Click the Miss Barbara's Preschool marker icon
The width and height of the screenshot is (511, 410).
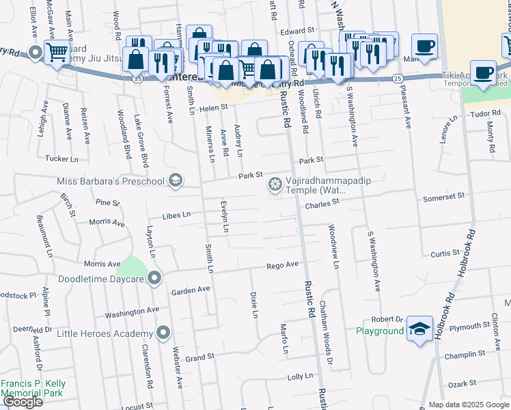(x=176, y=180)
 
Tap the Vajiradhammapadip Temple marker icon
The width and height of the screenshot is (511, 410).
(x=275, y=183)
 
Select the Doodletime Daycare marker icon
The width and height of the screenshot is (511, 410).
(x=154, y=278)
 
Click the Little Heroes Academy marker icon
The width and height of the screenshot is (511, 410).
(x=163, y=333)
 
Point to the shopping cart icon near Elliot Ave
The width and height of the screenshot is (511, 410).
(x=56, y=52)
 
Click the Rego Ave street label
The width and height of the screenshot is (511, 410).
(x=283, y=265)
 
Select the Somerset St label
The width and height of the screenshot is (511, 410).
(x=444, y=195)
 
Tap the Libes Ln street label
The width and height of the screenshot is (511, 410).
(x=176, y=215)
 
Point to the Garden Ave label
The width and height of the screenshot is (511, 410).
(x=191, y=290)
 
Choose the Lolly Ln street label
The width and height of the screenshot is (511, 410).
(x=300, y=377)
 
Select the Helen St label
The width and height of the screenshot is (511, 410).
(x=213, y=108)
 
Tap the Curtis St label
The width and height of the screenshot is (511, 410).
(x=445, y=254)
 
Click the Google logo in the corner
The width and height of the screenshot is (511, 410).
(x=23, y=402)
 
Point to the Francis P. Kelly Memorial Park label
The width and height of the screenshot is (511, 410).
(x=33, y=389)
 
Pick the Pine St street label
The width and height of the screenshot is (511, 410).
(x=107, y=203)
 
